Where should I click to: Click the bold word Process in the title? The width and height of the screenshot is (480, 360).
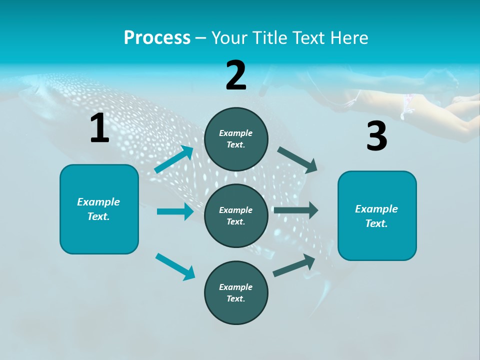point(157,38)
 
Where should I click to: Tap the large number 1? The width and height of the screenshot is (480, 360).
point(99,128)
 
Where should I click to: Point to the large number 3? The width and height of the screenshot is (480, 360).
point(376,136)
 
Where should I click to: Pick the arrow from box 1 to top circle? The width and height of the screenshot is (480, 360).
point(174,159)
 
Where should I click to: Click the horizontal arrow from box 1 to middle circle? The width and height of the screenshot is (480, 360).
point(175,211)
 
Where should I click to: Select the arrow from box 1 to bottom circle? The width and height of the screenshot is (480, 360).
point(175,266)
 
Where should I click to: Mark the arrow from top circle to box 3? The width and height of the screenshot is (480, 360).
point(297,159)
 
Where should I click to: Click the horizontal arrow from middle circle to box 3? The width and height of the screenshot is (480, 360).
point(296,210)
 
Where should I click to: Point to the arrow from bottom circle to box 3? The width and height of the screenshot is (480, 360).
point(294,265)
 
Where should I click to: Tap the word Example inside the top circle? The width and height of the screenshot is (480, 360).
point(236,133)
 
